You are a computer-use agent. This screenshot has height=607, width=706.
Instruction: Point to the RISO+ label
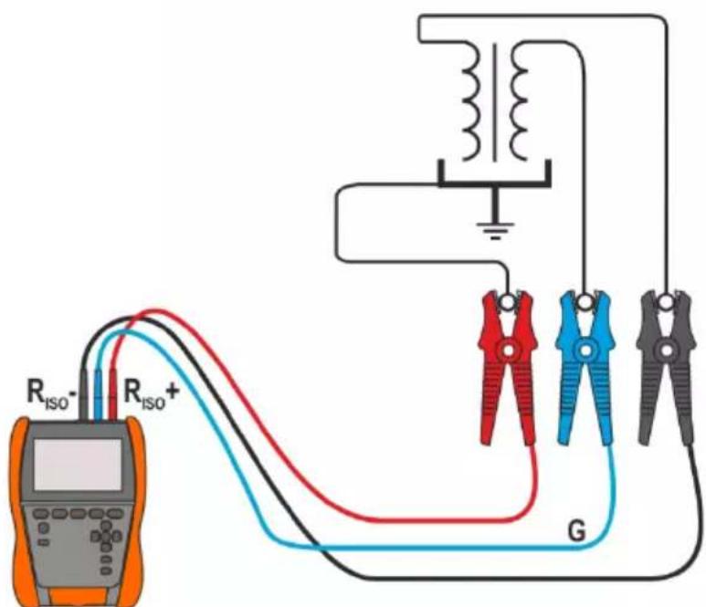(151, 392)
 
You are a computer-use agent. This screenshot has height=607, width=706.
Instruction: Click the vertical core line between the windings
(495, 102)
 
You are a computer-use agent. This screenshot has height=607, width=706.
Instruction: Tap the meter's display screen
(78, 465)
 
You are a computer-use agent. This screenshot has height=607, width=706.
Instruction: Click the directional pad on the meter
(106, 536)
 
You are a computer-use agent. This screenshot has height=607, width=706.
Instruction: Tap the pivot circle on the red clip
(508, 351)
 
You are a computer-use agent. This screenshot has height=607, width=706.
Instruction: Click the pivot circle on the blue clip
(585, 351)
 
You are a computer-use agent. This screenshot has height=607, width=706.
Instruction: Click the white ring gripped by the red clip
(508, 302)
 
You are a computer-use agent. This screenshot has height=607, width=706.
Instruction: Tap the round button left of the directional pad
(44, 528)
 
